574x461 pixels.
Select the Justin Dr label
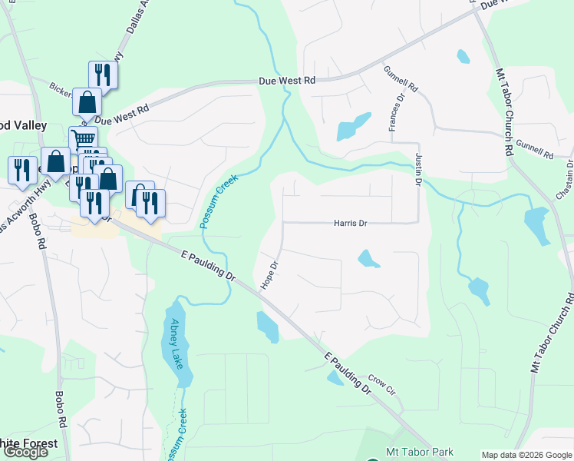(x=419, y=169)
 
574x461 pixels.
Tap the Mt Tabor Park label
(x=419, y=453)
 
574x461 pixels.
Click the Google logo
(x=25, y=452)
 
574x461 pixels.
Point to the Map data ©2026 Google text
(x=526, y=455)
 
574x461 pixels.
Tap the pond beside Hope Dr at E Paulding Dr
(x=268, y=327)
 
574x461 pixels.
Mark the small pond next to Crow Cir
(x=335, y=377)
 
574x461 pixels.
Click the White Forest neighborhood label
(x=28, y=444)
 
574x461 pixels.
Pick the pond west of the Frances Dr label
(x=352, y=127)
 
